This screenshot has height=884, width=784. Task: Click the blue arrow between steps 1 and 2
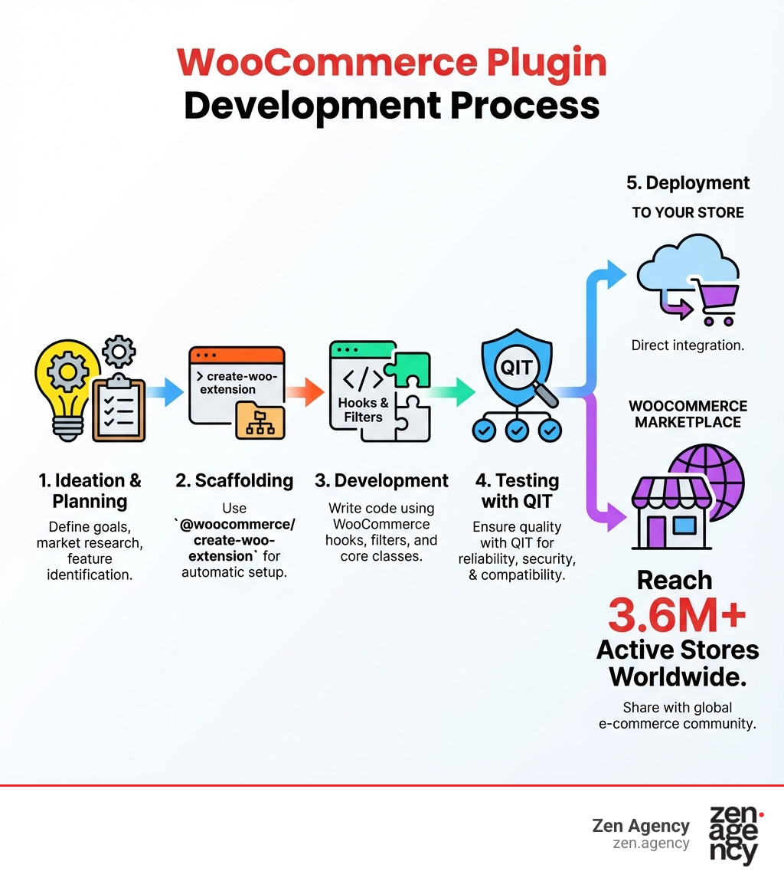click(165, 392)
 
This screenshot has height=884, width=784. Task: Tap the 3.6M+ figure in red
click(677, 614)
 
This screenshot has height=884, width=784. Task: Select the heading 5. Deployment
click(688, 183)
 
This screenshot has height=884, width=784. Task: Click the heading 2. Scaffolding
click(234, 480)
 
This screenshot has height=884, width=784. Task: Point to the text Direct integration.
click(688, 345)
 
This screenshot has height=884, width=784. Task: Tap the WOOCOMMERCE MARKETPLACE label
click(688, 414)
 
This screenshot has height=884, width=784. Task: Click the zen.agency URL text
click(651, 843)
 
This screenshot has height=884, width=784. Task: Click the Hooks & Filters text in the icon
click(363, 410)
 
